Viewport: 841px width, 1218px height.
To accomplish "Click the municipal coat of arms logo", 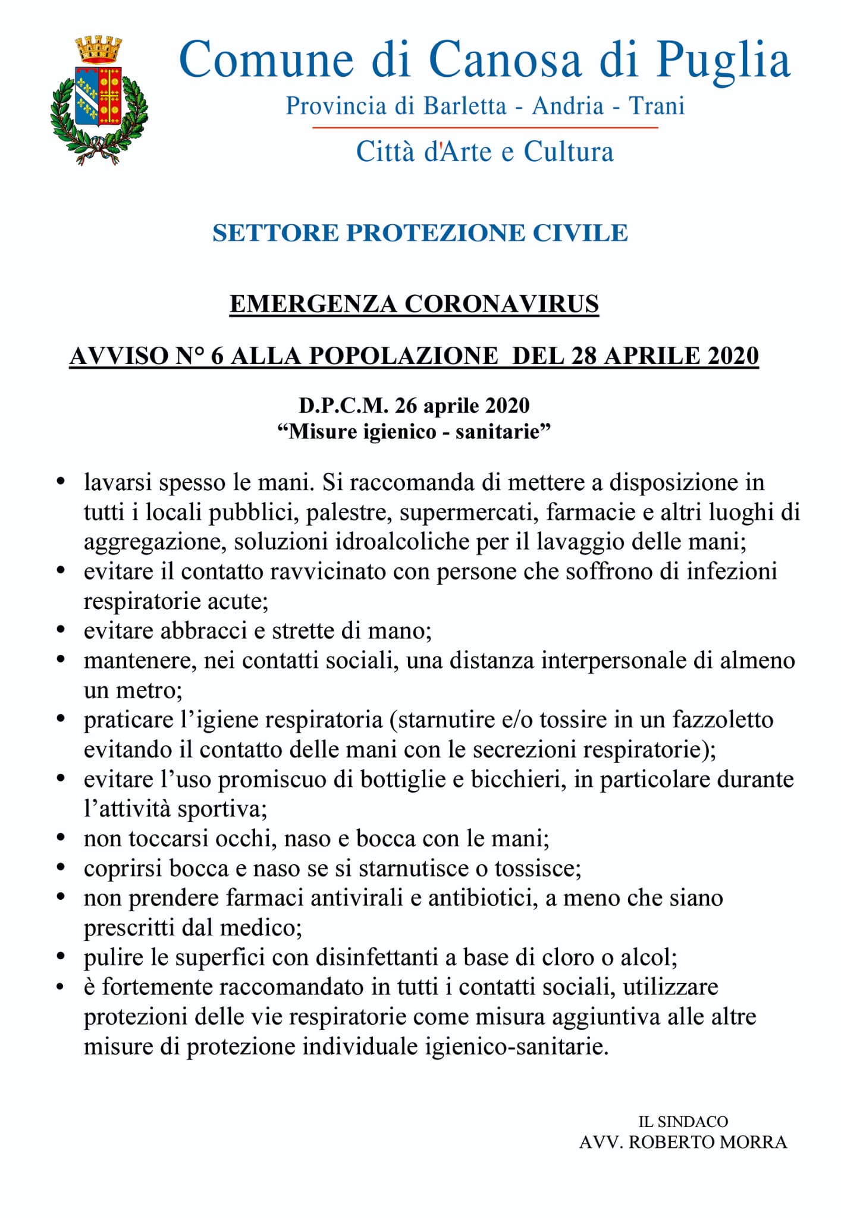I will (x=99, y=100).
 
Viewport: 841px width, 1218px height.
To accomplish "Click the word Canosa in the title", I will (x=505, y=60).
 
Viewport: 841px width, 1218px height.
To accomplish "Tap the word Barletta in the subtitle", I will (x=465, y=106).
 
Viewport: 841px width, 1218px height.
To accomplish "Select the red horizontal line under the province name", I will (x=485, y=127).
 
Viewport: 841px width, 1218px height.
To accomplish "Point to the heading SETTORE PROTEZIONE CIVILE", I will (x=420, y=233).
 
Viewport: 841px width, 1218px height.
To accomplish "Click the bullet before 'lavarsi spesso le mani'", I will (x=60, y=481).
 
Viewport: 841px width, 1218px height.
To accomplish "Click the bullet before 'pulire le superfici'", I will (x=60, y=958).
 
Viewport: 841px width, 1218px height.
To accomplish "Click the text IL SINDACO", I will (x=683, y=1122).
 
